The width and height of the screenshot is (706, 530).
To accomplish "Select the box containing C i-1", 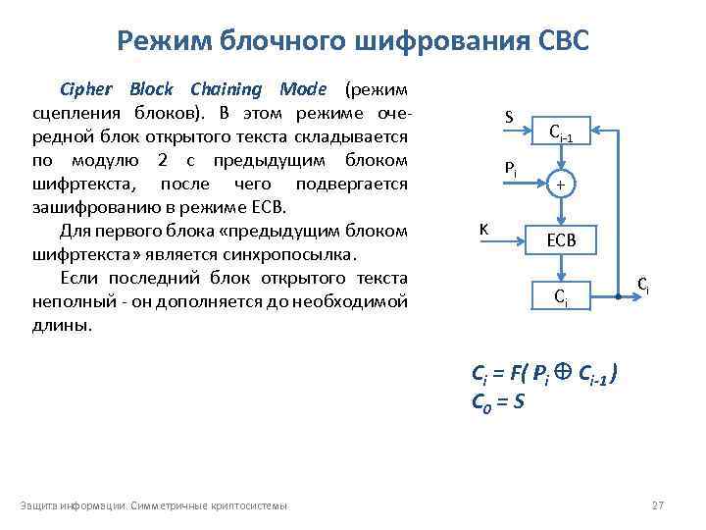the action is tap(560, 132).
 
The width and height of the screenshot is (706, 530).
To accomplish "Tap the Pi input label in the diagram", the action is tap(511, 169).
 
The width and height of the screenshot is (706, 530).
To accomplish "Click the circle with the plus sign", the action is tap(560, 185).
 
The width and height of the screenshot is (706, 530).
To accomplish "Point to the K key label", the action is tap(484, 229).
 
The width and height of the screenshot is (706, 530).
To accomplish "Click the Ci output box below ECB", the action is tap(560, 294).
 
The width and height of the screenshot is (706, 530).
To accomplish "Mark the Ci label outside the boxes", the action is tap(641, 285).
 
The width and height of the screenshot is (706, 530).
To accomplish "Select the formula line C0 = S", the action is tap(498, 400).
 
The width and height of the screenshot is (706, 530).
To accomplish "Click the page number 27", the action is tap(657, 505).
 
